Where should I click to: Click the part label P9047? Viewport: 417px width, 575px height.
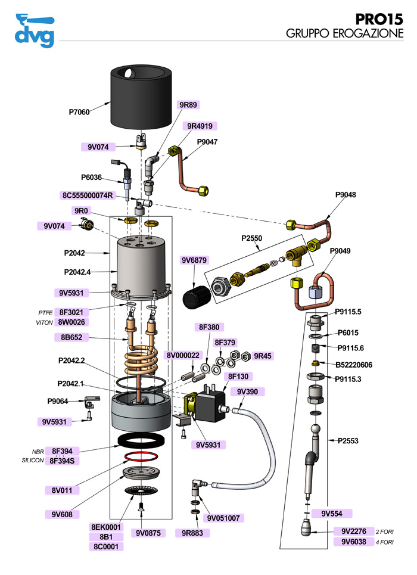[x=208, y=142]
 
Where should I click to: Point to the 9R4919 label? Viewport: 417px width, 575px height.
[x=200, y=126]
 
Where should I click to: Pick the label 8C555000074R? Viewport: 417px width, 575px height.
[x=88, y=195]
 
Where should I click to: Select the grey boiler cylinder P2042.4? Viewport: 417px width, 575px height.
[x=141, y=265]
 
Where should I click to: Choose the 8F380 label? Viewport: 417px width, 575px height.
[x=208, y=327]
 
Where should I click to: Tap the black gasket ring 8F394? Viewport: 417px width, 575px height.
[x=141, y=442]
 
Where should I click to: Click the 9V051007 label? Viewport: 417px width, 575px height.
[x=222, y=518]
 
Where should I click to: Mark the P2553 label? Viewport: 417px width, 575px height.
[x=349, y=440]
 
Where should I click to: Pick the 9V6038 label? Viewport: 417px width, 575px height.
[x=353, y=542]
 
